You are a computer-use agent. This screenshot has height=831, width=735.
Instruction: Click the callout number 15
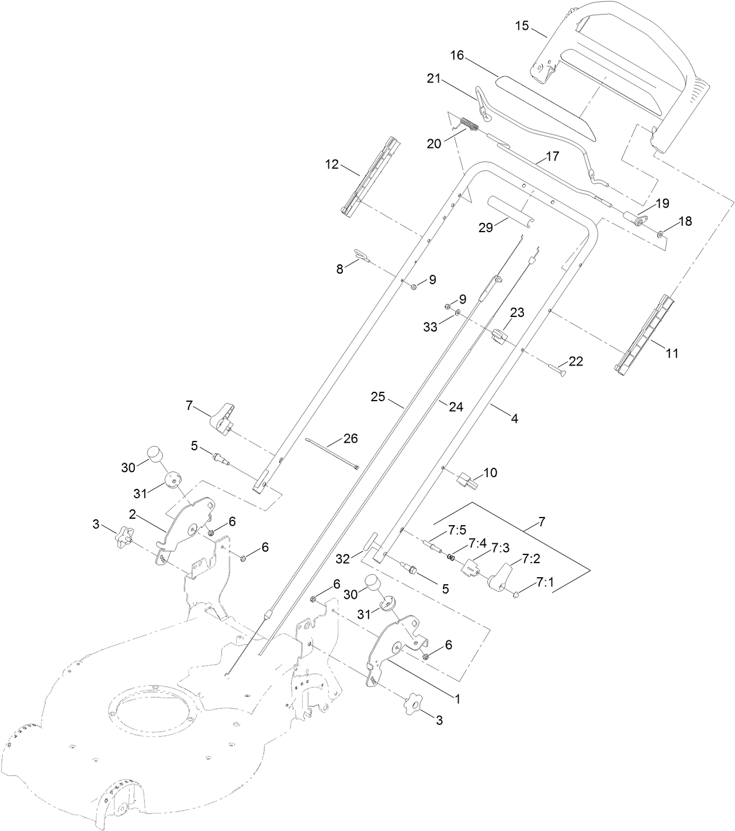[x=522, y=26]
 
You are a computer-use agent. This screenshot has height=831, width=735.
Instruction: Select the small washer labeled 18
[x=660, y=234]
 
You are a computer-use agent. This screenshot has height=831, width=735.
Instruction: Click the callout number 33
[x=431, y=328]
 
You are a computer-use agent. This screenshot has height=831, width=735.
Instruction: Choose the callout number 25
[x=379, y=396]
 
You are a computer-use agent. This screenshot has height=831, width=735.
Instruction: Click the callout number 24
[x=456, y=406]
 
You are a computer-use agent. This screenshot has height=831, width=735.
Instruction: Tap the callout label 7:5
[x=457, y=530]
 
